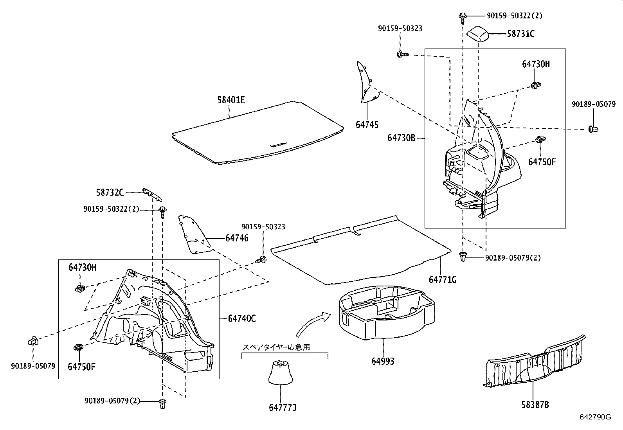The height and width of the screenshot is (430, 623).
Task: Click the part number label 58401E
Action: point(231,100)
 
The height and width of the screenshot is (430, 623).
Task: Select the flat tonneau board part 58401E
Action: point(258,133)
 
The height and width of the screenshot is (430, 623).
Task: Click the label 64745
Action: point(367,125)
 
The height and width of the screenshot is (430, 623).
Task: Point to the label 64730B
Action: point(401,138)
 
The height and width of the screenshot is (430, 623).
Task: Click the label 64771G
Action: point(443,279)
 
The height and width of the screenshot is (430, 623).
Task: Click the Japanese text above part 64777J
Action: point(276,347)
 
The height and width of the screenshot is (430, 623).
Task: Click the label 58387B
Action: point(535,405)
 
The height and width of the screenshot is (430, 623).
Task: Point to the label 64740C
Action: point(242,318)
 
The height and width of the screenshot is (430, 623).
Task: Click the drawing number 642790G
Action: point(595,417)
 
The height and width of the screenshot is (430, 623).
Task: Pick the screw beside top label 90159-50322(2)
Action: point(463,16)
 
